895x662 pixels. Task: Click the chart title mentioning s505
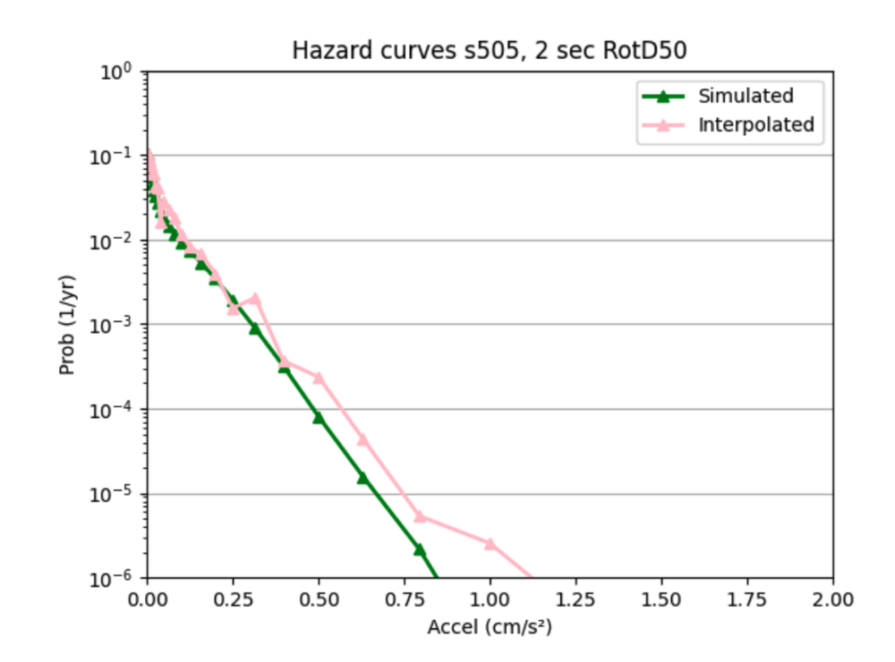(x=490, y=51)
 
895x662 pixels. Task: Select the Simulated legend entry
(x=746, y=96)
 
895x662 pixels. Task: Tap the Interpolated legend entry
(x=755, y=124)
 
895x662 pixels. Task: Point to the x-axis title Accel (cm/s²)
(x=489, y=628)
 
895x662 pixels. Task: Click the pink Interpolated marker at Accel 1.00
(x=490, y=543)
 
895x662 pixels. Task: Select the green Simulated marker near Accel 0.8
(x=419, y=549)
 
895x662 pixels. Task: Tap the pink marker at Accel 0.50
(x=319, y=378)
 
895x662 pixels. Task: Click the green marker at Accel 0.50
(x=319, y=418)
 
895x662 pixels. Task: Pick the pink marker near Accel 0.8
(x=419, y=516)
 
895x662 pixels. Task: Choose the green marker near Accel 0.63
(x=362, y=478)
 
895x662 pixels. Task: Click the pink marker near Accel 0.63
(x=362, y=439)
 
